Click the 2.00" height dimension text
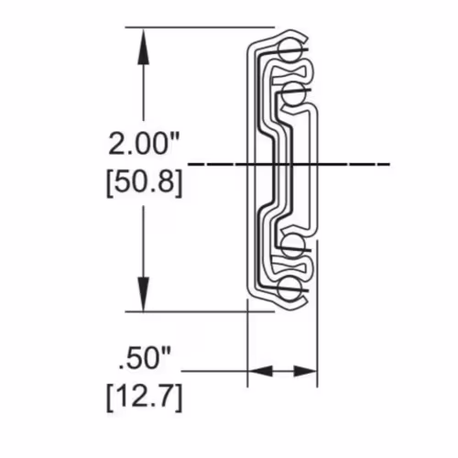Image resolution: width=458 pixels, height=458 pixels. (x=144, y=143)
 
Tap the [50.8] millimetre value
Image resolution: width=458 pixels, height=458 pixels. (x=145, y=182)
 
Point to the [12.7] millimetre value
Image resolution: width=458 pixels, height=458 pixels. (x=145, y=397)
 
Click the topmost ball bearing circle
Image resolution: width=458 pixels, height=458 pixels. (x=289, y=50)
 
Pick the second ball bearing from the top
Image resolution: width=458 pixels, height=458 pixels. (x=293, y=93)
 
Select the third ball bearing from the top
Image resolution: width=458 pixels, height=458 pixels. (x=293, y=246)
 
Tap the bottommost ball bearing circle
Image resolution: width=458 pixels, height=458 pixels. (x=289, y=289)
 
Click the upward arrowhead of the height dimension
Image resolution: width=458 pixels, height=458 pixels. (x=144, y=46)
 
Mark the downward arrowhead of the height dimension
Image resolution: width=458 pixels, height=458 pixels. (x=144, y=294)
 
